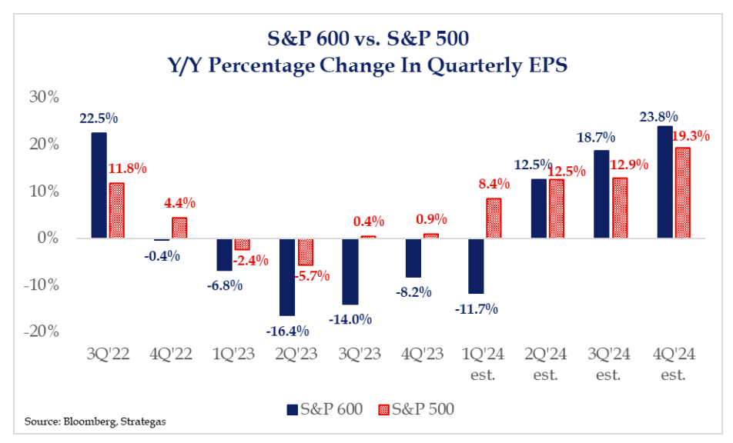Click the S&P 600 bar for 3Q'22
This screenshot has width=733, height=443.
point(99,185)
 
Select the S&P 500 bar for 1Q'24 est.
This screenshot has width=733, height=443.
point(494,218)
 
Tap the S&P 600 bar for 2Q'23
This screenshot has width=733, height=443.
point(286,277)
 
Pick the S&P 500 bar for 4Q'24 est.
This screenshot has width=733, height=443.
point(682,193)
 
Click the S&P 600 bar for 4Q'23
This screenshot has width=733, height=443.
point(413,258)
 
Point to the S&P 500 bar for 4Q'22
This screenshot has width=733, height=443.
point(179,228)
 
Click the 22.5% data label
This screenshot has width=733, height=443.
point(99,120)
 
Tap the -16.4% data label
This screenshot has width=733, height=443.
point(288,331)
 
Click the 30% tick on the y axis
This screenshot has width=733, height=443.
point(43,97)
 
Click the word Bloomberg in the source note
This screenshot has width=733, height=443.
point(82,421)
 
